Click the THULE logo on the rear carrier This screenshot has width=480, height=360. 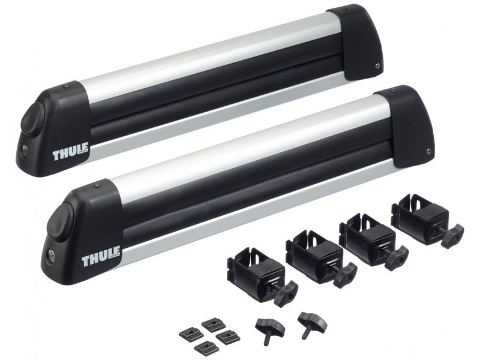point(71,152)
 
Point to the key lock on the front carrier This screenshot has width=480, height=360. point(51,255)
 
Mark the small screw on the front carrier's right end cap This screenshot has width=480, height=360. point(429,151)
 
